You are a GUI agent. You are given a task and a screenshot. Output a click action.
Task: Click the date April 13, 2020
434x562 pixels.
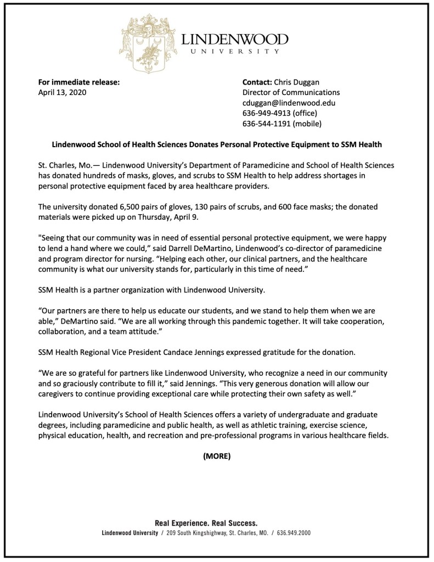(x=62, y=92)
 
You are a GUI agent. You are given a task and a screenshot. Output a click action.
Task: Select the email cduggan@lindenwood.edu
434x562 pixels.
(x=289, y=103)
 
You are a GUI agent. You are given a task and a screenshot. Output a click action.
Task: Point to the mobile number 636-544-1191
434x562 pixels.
(x=266, y=124)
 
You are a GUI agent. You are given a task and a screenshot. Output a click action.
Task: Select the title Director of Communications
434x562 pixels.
(x=291, y=92)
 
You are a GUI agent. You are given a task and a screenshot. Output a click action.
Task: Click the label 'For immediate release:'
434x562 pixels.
(x=78, y=82)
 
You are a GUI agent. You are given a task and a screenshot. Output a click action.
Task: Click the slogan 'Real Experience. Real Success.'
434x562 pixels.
(x=206, y=524)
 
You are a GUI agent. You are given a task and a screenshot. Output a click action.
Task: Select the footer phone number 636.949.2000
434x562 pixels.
(x=294, y=533)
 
